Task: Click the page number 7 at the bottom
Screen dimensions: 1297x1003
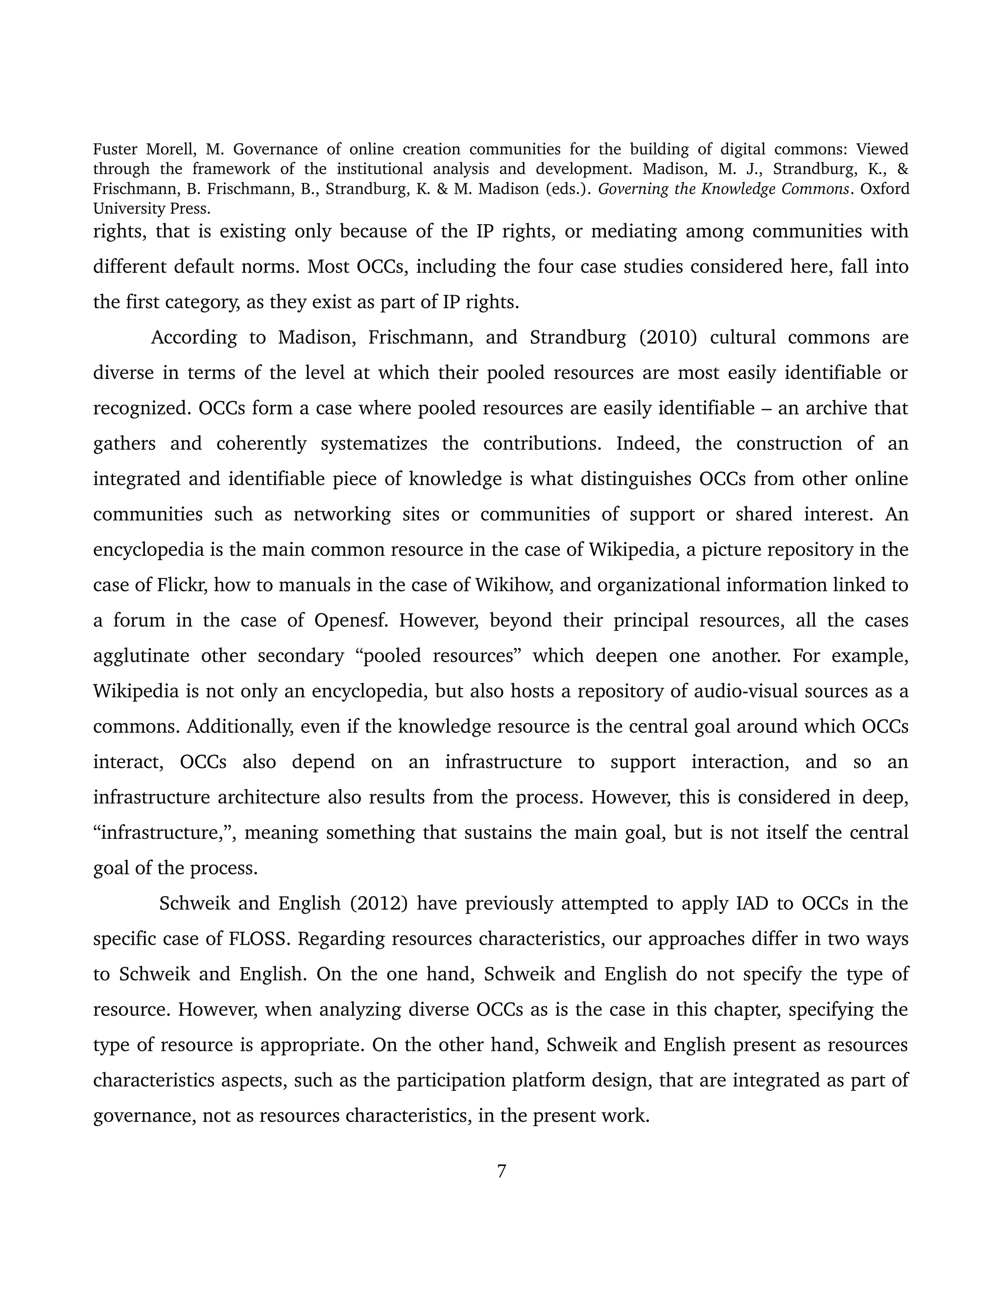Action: pyautogui.click(x=501, y=1171)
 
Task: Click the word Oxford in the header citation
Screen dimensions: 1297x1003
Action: pyautogui.click(x=884, y=189)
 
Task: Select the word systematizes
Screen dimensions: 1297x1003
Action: pyautogui.click(x=374, y=443)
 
